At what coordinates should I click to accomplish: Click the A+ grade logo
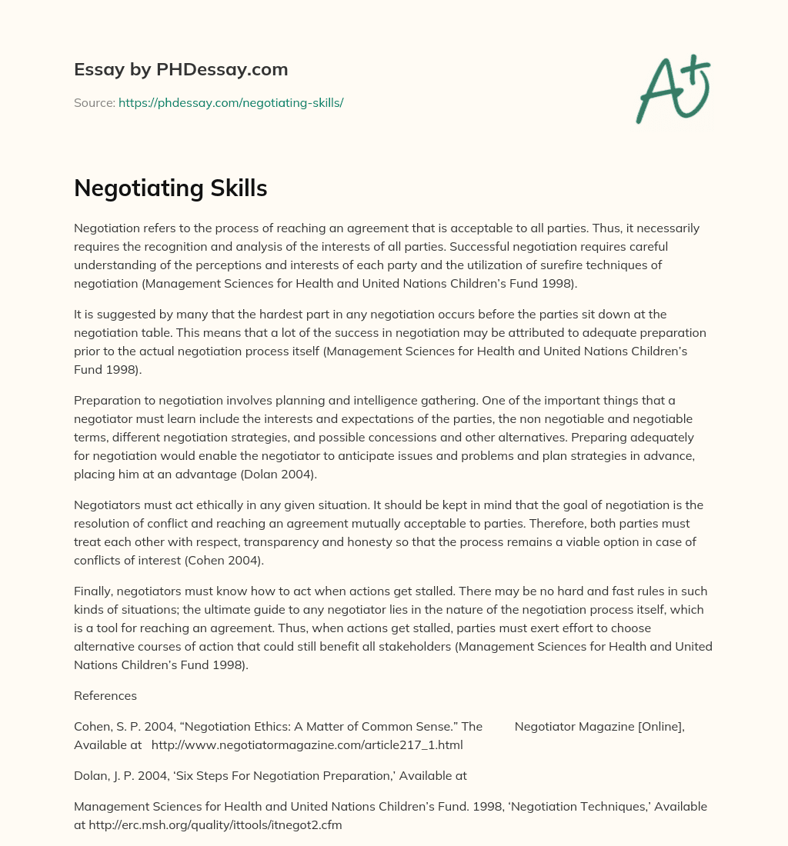(x=673, y=88)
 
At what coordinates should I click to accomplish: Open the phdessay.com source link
(x=231, y=102)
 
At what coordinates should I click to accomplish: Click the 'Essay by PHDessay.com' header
(x=181, y=70)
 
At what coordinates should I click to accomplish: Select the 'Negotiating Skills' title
(x=170, y=188)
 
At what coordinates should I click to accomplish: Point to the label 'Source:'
(x=94, y=102)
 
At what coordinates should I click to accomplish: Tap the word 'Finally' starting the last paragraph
(x=92, y=591)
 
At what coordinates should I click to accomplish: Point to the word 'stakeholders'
(x=416, y=647)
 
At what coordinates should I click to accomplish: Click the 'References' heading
(x=105, y=696)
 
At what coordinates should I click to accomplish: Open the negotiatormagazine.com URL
(x=307, y=745)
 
